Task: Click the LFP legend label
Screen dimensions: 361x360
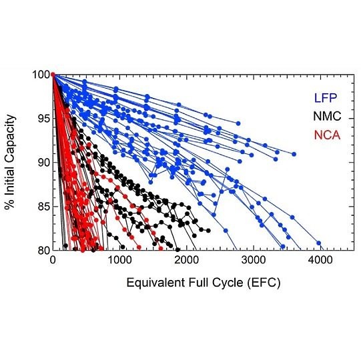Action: [326, 98]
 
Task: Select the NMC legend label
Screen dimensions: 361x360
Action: [327, 116]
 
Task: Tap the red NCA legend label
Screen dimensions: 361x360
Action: [327, 135]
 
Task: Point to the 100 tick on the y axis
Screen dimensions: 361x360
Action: [41, 75]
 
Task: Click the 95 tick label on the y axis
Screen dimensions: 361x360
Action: [43, 119]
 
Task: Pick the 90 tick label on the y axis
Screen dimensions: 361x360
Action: [43, 163]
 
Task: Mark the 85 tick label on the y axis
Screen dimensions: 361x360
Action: [43, 207]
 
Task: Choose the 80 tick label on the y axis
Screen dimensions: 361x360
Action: [43, 250]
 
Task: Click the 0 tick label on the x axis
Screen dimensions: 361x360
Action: [53, 260]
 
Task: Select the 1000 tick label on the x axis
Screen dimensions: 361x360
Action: [120, 260]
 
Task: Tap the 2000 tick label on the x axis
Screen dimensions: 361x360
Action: [187, 260]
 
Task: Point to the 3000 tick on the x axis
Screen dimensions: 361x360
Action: [254, 260]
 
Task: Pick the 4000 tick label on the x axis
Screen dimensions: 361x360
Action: [320, 260]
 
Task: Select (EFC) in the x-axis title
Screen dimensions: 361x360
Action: [264, 283]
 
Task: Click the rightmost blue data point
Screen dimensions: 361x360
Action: [319, 243]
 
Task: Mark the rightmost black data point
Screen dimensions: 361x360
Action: [208, 231]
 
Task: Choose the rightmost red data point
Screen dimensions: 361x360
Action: [161, 249]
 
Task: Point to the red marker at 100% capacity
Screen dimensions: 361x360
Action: [53, 74]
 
